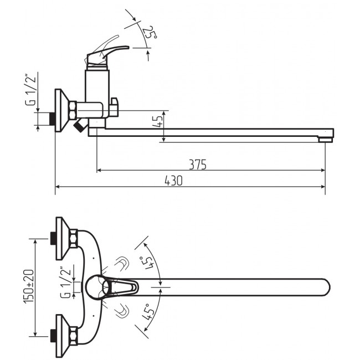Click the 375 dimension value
point(198,164)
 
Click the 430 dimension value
point(173,181)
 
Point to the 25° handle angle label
point(150,32)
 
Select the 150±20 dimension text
point(29,286)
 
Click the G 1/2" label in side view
point(31,90)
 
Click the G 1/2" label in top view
point(65,282)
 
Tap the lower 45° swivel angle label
point(148,312)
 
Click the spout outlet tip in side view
point(325,139)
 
